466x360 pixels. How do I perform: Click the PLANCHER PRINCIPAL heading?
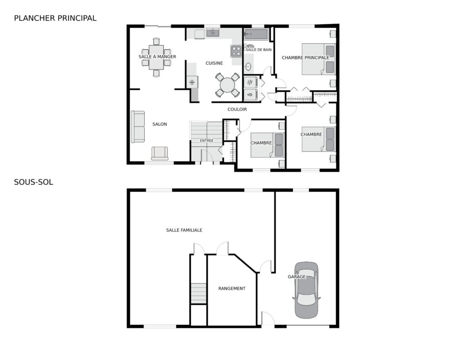pos(55,18)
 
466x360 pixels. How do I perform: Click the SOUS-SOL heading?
pos(34,182)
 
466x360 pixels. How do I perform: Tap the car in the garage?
pos(306,290)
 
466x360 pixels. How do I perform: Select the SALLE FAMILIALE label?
pos(184,230)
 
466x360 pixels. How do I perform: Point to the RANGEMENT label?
pos(232,289)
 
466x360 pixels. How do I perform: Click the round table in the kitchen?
pos(228,85)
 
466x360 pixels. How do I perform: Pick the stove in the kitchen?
pos(236,51)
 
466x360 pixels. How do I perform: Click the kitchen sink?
pos(213,33)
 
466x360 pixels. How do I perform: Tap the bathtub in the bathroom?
pos(256,35)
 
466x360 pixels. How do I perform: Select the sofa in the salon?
pos(138,127)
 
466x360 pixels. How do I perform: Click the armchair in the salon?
pos(160,153)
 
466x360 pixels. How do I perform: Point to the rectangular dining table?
pos(157,57)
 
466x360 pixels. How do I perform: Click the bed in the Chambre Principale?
pos(319,59)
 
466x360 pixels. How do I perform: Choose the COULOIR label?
pos(237,109)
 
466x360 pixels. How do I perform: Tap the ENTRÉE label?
pos(207,141)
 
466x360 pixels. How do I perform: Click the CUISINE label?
pos(214,63)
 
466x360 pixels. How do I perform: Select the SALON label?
pos(160,124)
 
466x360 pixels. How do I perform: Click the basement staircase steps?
pos(198,294)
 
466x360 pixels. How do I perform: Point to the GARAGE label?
pos(297,277)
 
